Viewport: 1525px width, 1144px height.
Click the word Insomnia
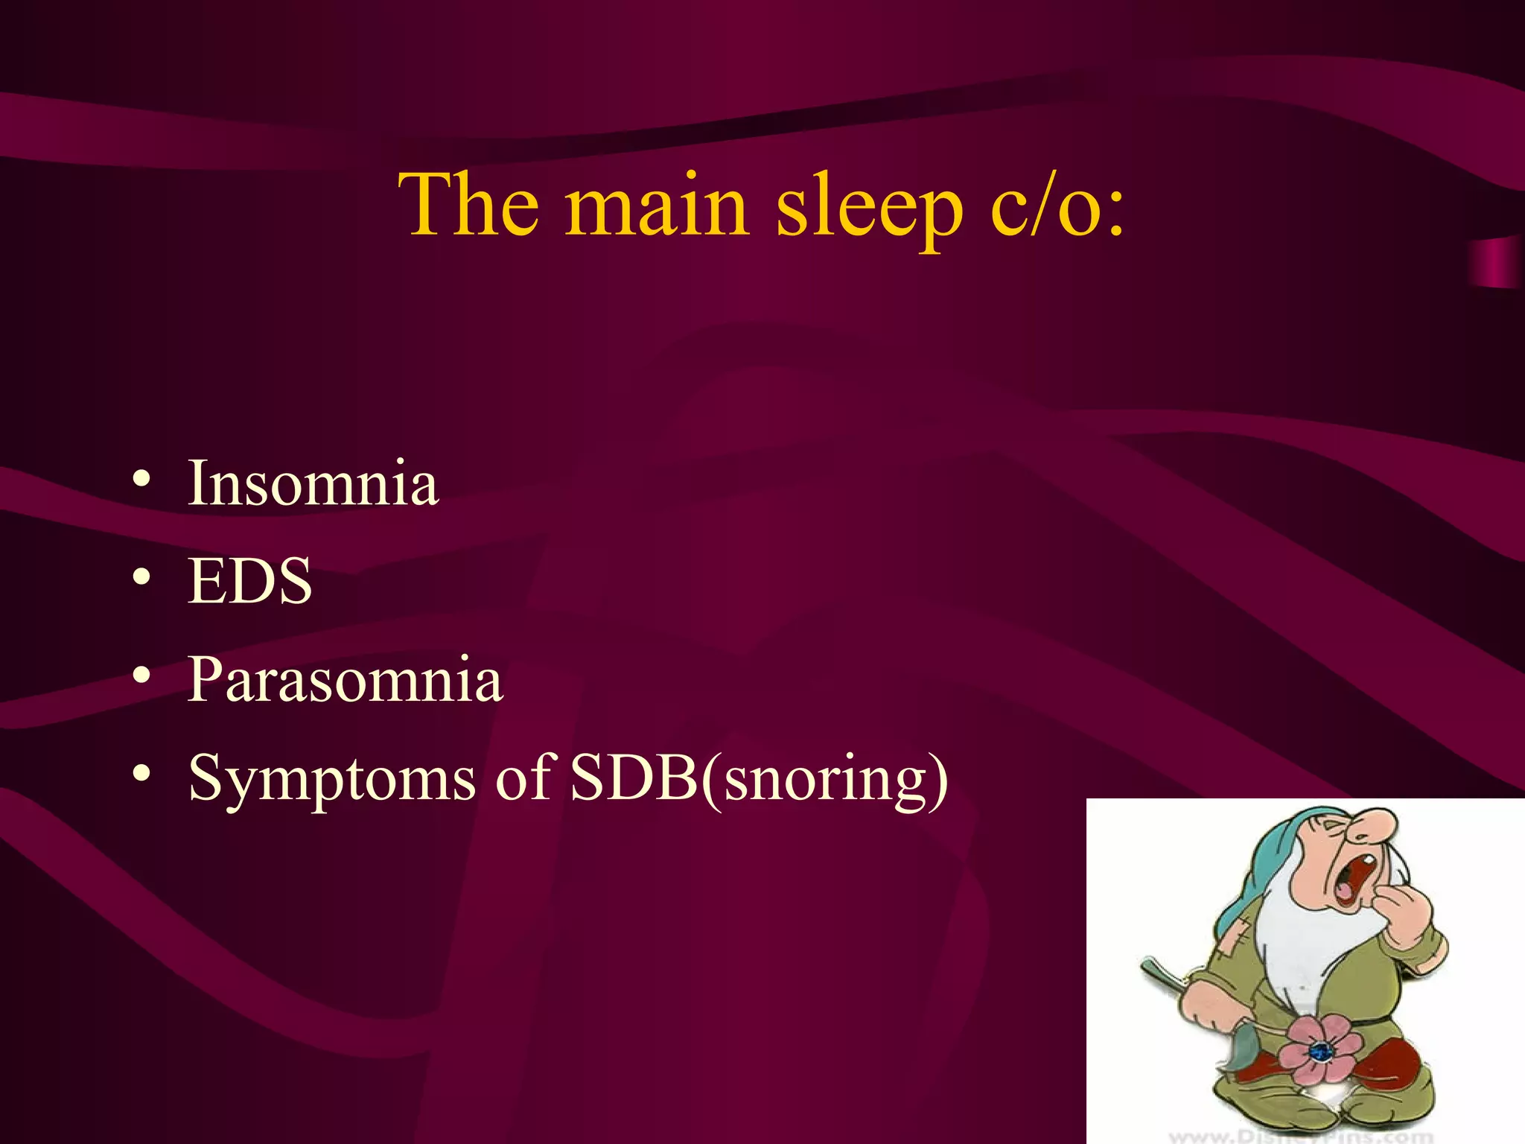point(313,483)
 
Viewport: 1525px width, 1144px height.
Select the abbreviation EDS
point(249,581)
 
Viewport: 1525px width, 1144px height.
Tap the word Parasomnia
point(345,679)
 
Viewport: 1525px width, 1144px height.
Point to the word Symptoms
point(331,779)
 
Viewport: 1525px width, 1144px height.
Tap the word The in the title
point(468,205)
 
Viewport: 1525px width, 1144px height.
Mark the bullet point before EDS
point(142,577)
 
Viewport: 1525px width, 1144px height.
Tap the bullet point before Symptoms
point(142,774)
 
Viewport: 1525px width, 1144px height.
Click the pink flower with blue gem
point(1318,1050)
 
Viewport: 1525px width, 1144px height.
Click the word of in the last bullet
point(523,778)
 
